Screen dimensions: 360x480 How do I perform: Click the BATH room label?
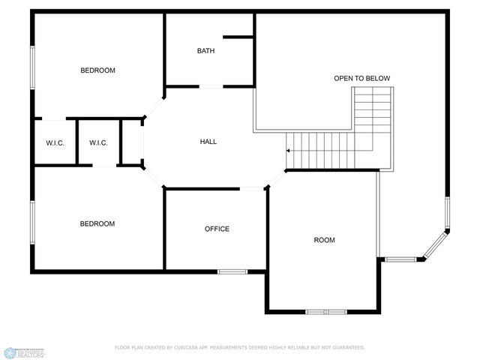coord(205,51)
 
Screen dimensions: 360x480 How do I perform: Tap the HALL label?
coord(208,142)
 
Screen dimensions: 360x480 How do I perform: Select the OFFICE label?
coord(217,229)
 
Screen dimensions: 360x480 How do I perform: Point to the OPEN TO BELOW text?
coord(361,78)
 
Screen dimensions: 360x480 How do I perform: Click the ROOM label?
coord(324,240)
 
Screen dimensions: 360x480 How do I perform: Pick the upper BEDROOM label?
coord(98,70)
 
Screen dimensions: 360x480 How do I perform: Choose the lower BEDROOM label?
coord(98,223)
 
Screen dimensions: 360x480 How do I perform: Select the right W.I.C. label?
coord(98,142)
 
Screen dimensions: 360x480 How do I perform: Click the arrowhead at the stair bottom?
coord(287,150)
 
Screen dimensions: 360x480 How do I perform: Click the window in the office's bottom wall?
coord(232,270)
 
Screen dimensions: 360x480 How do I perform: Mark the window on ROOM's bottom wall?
coord(325,311)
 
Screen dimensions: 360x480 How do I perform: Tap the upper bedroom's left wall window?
coord(32,70)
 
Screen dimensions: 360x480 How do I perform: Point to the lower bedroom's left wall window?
coord(32,222)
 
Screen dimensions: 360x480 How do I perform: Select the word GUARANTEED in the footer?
coord(346,348)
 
